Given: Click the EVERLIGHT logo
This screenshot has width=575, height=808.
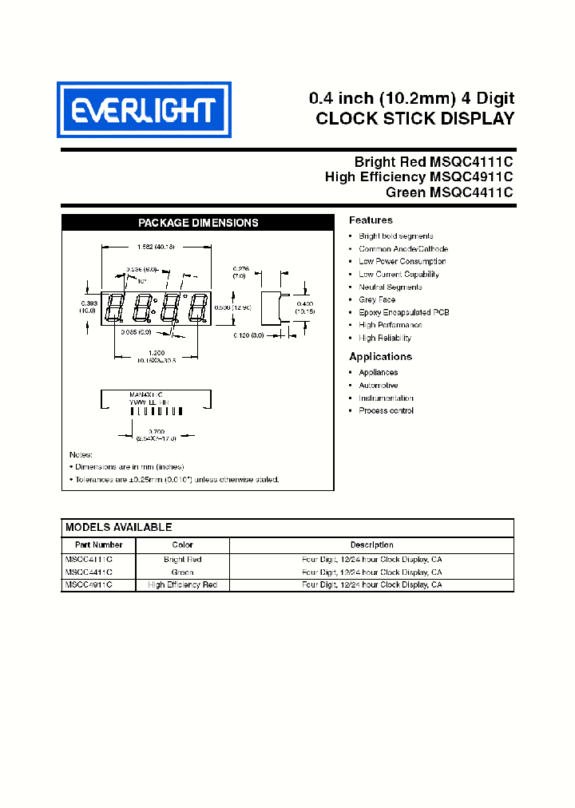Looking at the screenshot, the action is [x=144, y=109].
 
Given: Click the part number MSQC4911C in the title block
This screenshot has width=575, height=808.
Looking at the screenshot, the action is [x=471, y=176].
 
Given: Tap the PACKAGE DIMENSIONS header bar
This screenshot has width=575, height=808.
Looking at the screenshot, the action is [x=198, y=223].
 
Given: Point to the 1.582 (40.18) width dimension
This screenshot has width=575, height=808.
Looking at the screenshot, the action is [x=156, y=247].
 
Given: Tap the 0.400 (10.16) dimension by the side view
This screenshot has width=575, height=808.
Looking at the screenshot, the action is [x=304, y=307].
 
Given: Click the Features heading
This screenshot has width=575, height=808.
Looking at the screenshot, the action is [x=371, y=220].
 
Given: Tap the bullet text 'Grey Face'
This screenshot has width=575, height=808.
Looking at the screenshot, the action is [x=377, y=299].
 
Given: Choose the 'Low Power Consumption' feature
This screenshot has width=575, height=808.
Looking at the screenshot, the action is [x=402, y=261].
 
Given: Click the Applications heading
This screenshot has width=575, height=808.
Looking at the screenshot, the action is [x=380, y=357].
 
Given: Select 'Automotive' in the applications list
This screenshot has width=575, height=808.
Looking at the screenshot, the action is [x=378, y=385].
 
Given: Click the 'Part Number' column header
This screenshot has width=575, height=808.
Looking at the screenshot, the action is [x=98, y=545].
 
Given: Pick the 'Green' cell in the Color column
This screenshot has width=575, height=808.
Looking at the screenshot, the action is [x=182, y=572].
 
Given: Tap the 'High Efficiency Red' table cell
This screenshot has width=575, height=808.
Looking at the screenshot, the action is [x=182, y=585].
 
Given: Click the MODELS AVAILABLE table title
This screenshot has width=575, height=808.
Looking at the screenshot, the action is [x=118, y=528].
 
